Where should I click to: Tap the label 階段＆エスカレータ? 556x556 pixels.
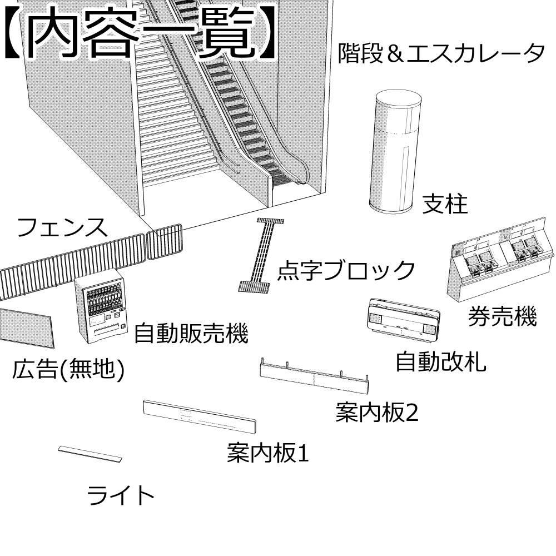441,54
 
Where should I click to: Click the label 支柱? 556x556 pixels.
445,204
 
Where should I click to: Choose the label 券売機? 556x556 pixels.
502,317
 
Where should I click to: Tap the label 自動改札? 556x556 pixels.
440,362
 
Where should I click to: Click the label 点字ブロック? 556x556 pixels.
346,271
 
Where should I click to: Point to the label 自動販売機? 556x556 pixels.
191,334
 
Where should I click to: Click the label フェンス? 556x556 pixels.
62,228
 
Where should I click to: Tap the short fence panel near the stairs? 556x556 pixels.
164,242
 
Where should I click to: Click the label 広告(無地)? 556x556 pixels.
67,370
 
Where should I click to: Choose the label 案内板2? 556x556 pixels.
376,413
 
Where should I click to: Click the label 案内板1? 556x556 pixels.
267,453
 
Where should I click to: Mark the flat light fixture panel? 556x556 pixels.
90,454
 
